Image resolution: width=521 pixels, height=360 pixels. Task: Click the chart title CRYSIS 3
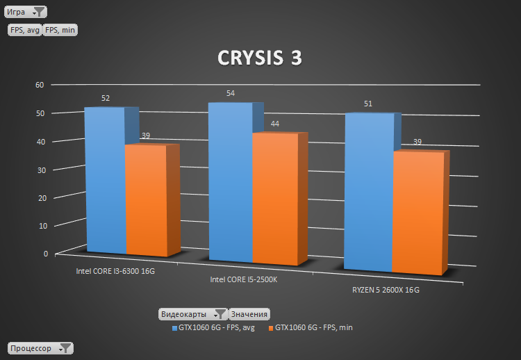click(260, 58)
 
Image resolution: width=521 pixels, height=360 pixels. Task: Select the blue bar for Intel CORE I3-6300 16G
click(105, 181)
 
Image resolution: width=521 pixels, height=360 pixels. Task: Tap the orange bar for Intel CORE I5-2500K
click(275, 199)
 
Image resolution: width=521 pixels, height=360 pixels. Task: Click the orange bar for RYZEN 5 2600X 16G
click(417, 212)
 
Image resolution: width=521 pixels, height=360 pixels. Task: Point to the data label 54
click(231, 93)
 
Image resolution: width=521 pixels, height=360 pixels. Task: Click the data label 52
click(106, 99)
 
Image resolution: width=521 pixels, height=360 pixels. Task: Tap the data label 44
click(275, 124)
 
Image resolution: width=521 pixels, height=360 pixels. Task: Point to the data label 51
click(369, 104)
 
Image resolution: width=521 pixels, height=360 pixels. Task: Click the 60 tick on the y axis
click(40, 85)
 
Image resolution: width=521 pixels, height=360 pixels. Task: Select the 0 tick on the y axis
click(46, 254)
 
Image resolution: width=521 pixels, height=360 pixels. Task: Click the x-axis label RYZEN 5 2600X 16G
click(381, 290)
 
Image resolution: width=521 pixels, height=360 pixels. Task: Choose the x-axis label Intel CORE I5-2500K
click(242, 280)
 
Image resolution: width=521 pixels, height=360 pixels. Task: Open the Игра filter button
click(26, 12)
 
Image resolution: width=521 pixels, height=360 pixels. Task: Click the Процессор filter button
click(40, 348)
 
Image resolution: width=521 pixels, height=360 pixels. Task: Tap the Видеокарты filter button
click(192, 314)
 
